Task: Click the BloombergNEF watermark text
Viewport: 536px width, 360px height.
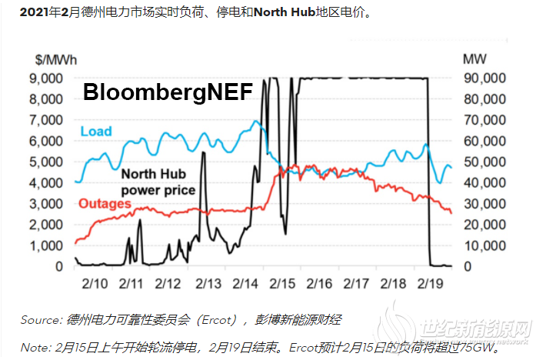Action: coord(168,92)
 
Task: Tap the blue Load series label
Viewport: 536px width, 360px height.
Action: coord(95,130)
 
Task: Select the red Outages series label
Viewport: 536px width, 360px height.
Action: coord(105,204)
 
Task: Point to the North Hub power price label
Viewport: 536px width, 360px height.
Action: coord(158,182)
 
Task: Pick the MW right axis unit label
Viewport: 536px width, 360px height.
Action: coord(473,58)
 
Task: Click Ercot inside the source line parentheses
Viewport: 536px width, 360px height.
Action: coord(178,319)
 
